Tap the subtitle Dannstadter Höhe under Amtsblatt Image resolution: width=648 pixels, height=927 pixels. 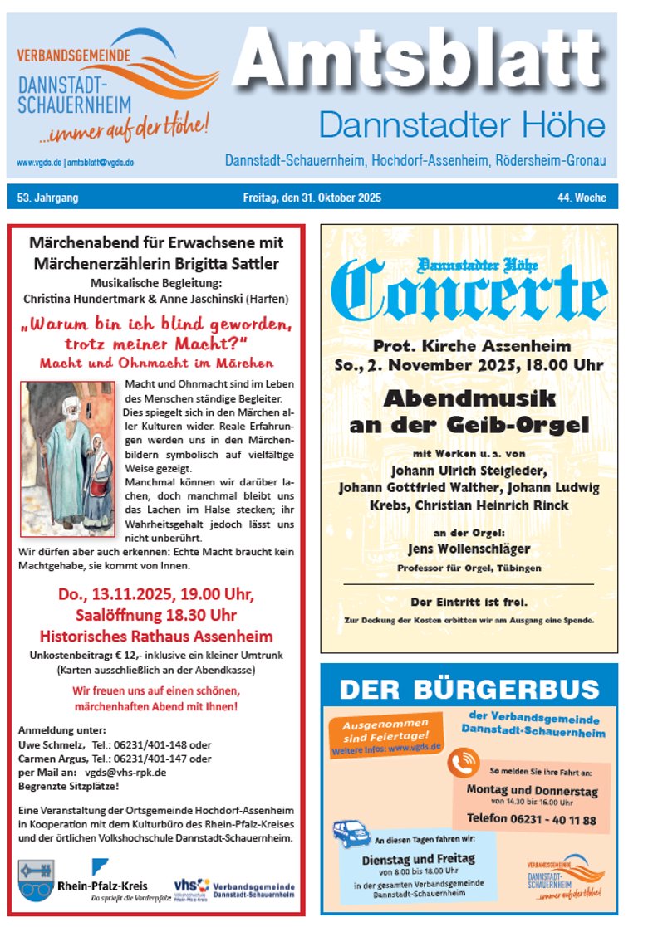(x=462, y=126)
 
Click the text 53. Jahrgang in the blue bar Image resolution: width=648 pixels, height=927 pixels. (x=47, y=198)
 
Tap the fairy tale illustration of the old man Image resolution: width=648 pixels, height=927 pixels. (x=68, y=459)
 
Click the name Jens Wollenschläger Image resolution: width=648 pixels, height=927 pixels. (x=469, y=549)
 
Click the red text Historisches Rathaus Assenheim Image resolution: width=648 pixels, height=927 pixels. (x=156, y=637)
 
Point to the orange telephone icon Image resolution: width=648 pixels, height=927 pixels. (x=467, y=761)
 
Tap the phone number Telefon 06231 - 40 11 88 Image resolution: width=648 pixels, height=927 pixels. (x=532, y=820)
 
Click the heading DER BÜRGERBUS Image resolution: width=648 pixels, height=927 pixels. (x=469, y=690)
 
